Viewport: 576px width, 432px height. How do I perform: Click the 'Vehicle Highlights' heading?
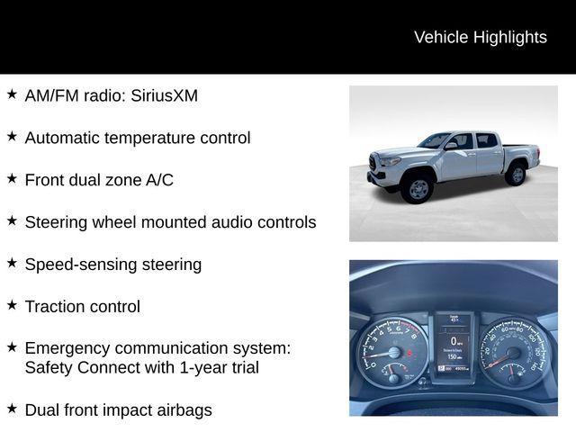480,37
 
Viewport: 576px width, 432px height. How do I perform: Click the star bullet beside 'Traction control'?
12,305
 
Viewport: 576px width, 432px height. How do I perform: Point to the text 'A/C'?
159,180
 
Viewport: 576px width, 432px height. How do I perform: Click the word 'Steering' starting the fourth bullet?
56,222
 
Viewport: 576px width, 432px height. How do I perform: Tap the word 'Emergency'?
66,348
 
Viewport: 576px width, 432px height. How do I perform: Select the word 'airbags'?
183,410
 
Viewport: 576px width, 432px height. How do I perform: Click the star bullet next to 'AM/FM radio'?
12,94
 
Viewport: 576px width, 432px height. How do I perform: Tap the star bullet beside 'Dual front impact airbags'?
12,409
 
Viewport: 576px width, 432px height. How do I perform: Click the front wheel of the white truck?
418,189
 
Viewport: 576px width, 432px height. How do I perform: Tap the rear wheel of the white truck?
516,174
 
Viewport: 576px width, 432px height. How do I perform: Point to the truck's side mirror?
451,146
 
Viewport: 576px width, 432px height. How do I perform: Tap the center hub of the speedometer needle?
513,354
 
